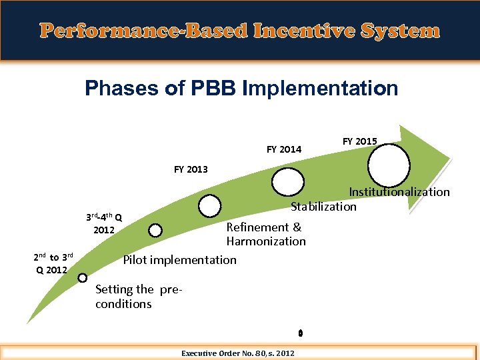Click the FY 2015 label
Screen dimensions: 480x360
[359, 141]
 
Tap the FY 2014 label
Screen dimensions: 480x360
[284, 149]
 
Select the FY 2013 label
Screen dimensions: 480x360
[191, 169]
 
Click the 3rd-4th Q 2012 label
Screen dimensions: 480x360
[103, 223]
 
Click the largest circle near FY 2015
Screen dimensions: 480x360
[389, 165]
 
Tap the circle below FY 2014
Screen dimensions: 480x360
[287, 181]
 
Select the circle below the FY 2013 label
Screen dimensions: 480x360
[210, 205]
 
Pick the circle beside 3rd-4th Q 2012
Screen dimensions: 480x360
[155, 231]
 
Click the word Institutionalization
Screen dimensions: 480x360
[399, 192]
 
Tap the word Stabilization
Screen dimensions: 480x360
[323, 206]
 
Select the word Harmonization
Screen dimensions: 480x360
[266, 241]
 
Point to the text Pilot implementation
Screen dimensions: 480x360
[180, 259]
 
